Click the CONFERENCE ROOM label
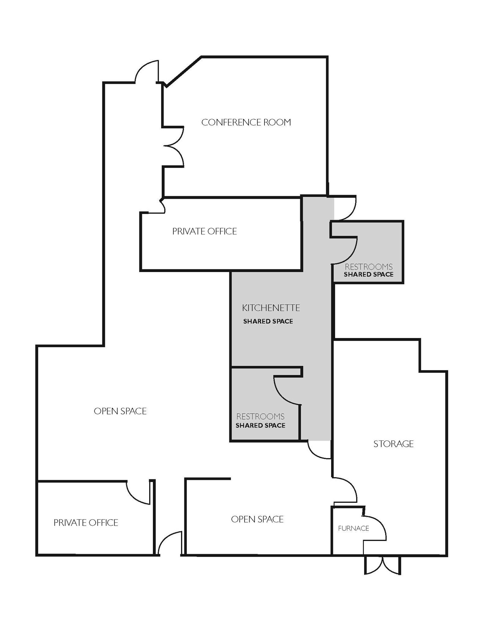(x=246, y=122)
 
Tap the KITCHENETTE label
(x=271, y=308)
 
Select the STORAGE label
(x=393, y=444)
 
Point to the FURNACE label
(x=353, y=528)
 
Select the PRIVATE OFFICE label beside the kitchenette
(x=204, y=231)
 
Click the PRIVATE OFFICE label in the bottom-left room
(x=86, y=523)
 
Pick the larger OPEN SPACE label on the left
(x=120, y=411)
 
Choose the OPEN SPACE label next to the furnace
(x=257, y=519)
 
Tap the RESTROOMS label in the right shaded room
(x=368, y=267)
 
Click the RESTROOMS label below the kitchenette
(x=260, y=416)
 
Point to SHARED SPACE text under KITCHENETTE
(x=268, y=321)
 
